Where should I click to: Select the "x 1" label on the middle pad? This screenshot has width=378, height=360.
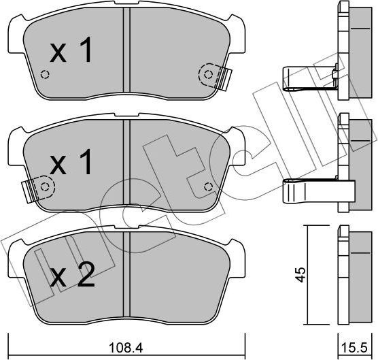(x=71, y=163)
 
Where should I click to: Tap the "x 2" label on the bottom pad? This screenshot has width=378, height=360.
(x=72, y=276)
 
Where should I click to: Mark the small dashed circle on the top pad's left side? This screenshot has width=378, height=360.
(x=46, y=75)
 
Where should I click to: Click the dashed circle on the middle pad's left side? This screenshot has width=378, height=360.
(x=45, y=184)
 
